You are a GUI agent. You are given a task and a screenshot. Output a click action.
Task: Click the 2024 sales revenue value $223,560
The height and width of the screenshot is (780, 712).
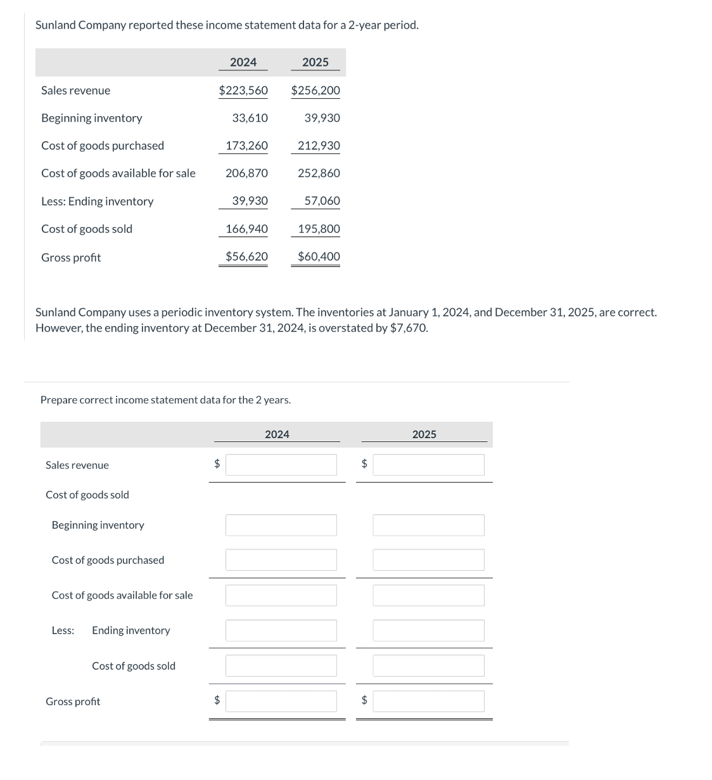point(243,90)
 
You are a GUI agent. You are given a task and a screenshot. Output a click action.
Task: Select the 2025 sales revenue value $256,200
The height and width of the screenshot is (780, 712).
point(315,90)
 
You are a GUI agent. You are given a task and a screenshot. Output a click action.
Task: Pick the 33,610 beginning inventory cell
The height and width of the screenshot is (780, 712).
point(250,118)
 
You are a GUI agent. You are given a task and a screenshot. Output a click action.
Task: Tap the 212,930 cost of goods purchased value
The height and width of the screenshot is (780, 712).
point(319,145)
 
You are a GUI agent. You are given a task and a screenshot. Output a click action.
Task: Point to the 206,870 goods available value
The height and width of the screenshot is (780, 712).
point(246,173)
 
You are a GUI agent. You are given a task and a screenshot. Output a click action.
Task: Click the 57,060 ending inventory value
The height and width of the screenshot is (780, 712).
point(322,200)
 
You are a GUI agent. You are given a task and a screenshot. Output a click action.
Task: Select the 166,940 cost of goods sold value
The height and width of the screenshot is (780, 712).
point(246,228)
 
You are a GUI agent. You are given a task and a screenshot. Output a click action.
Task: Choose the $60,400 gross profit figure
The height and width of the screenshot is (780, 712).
point(319,256)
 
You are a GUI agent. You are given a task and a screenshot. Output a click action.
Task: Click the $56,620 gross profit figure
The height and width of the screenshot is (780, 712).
point(246,256)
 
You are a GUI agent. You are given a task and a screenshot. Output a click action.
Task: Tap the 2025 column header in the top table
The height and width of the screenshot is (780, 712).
point(315,62)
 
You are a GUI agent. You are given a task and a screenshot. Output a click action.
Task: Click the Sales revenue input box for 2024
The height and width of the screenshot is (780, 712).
point(281,465)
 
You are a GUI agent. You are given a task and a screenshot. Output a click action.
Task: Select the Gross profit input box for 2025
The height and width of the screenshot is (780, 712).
point(428,701)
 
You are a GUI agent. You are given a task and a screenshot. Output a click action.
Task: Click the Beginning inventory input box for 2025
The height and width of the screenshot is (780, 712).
point(428,525)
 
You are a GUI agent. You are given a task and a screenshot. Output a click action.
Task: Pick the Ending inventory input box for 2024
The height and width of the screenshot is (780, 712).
point(281,630)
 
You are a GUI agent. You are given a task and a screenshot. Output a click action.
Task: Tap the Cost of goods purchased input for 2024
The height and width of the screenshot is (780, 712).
point(281,560)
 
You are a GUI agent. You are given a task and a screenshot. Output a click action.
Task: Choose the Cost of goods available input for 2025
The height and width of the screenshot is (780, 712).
point(428,595)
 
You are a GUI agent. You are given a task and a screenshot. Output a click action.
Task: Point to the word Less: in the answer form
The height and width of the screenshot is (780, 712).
point(63,630)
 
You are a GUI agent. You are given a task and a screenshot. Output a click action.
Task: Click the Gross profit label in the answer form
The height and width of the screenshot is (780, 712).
point(73,701)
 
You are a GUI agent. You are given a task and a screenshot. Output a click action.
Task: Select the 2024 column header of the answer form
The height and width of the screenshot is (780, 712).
point(277,434)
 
